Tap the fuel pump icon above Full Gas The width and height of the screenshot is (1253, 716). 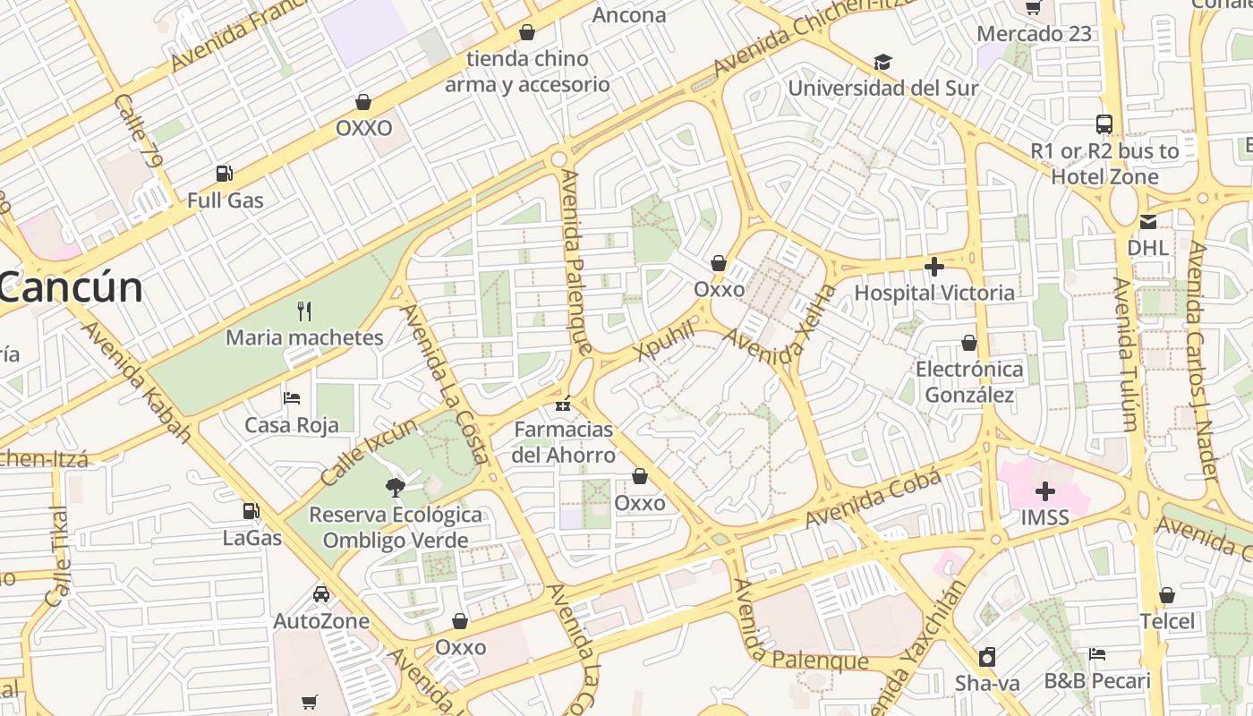pyautogui.click(x=224, y=174)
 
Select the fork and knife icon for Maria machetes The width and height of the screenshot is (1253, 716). pyautogui.click(x=304, y=311)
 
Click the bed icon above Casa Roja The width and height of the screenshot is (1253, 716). pyautogui.click(x=292, y=398)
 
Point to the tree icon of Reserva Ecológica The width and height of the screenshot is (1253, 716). pyautogui.click(x=394, y=488)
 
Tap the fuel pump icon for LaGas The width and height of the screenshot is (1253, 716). pyautogui.click(x=251, y=511)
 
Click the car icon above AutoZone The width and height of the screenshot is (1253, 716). pyautogui.click(x=320, y=594)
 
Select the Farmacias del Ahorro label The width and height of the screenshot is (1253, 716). pyautogui.click(x=564, y=442)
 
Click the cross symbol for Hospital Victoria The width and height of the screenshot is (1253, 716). pyautogui.click(x=934, y=267)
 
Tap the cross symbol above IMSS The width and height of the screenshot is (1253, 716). pyautogui.click(x=1044, y=491)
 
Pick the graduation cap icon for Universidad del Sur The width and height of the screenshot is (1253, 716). pyautogui.click(x=882, y=62)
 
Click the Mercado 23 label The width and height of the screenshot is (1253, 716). pyautogui.click(x=1034, y=34)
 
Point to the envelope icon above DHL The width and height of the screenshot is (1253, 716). pyautogui.click(x=1147, y=222)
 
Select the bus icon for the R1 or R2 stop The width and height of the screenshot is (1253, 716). pyautogui.click(x=1104, y=124)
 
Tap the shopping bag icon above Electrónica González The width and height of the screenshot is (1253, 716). pyautogui.click(x=968, y=343)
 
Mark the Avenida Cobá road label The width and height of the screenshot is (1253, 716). pyautogui.click(x=873, y=499)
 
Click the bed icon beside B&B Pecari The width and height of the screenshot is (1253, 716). pyautogui.click(x=1097, y=654)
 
